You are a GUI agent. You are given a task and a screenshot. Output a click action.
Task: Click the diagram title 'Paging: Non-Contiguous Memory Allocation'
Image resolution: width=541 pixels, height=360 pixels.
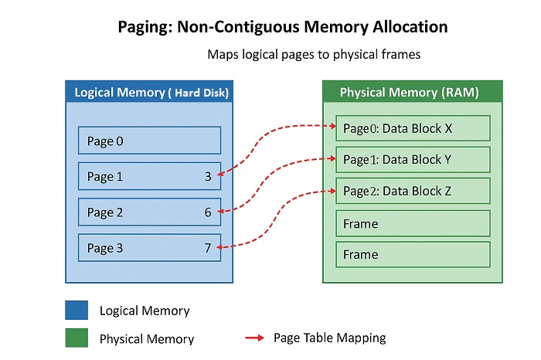pyautogui.click(x=282, y=27)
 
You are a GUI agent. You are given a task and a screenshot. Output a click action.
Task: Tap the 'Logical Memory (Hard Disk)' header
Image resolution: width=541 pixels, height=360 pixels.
pyautogui.click(x=151, y=93)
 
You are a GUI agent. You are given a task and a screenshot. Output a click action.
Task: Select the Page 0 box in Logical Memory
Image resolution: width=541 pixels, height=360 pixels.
pyautogui.click(x=149, y=141)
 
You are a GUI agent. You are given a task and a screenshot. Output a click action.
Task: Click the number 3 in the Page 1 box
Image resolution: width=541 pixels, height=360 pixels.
pyautogui.click(x=208, y=177)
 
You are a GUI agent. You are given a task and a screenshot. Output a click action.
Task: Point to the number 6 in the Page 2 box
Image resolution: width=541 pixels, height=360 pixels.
pyautogui.click(x=208, y=212)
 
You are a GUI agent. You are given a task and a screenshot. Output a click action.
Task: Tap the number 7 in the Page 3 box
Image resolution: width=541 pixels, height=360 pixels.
pyautogui.click(x=208, y=248)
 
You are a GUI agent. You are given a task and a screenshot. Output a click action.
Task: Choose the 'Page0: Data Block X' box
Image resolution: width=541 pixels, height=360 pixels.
pyautogui.click(x=413, y=128)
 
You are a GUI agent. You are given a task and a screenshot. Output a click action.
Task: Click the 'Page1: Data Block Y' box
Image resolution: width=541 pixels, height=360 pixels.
pyautogui.click(x=413, y=160)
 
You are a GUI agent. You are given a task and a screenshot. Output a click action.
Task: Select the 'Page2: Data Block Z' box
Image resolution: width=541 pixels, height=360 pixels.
pyautogui.click(x=413, y=192)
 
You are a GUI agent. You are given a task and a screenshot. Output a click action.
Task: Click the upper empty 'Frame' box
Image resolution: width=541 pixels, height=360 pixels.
pyautogui.click(x=413, y=224)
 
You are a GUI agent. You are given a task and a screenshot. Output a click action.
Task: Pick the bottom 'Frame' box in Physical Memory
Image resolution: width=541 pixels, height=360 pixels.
pyautogui.click(x=413, y=255)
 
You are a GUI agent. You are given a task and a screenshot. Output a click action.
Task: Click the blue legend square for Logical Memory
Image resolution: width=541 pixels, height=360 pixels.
pyautogui.click(x=76, y=311)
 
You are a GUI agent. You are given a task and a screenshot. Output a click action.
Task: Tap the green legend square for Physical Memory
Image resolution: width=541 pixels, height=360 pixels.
pyautogui.click(x=76, y=338)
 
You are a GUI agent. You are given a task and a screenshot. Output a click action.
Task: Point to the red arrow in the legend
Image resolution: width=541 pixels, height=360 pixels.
pyautogui.click(x=254, y=338)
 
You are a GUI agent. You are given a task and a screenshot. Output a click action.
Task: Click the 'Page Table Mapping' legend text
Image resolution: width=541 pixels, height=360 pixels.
pyautogui.click(x=329, y=338)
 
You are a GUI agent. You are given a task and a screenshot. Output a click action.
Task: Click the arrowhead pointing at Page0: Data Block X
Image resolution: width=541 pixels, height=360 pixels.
pyautogui.click(x=331, y=125)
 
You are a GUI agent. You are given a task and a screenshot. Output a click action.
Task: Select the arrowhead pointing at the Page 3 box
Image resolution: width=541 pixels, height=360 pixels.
pyautogui.click(x=222, y=247)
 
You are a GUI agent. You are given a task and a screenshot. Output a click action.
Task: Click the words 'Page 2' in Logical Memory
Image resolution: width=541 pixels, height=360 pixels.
pyautogui.click(x=105, y=212)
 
